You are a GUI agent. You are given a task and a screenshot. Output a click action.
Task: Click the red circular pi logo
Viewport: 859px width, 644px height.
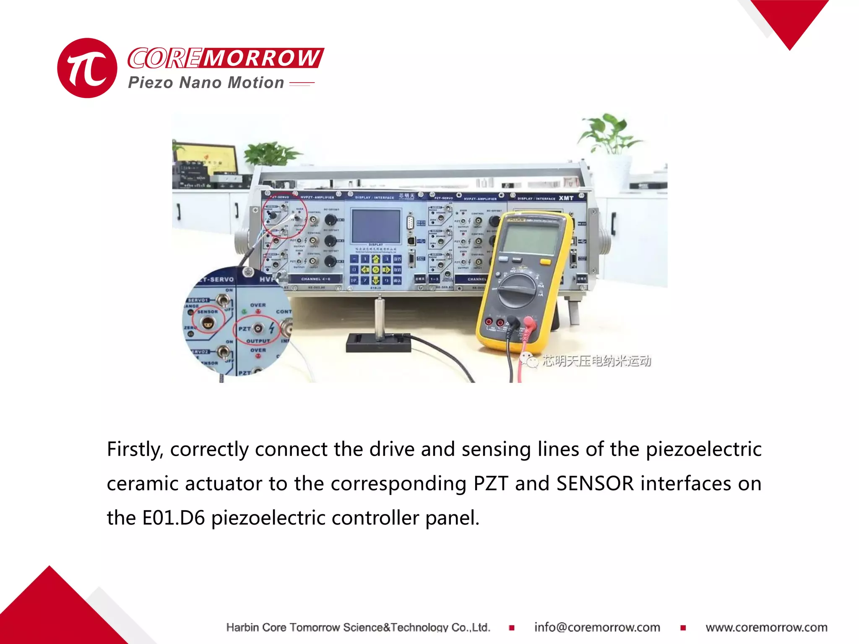[x=87, y=68]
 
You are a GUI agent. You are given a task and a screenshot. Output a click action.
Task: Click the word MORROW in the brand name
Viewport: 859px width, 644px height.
[x=262, y=58]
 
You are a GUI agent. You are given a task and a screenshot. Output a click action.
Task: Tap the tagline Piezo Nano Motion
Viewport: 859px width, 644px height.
[x=206, y=83]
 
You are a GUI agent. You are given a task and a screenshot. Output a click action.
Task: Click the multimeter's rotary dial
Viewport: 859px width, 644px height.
[x=517, y=290]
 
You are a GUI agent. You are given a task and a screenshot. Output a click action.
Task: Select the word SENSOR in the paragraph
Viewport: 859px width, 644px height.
[x=595, y=483]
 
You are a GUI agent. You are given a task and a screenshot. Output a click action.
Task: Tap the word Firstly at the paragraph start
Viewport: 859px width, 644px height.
[x=135, y=449]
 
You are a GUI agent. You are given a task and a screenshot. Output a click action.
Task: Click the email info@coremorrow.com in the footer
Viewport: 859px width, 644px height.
[x=597, y=627]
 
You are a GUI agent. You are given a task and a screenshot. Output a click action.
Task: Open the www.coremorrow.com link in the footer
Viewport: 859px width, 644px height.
[x=766, y=627]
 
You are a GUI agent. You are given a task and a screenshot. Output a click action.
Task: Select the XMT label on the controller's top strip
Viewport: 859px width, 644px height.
[x=566, y=198]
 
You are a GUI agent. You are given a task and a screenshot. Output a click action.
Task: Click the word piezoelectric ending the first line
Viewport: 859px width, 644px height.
[x=703, y=449]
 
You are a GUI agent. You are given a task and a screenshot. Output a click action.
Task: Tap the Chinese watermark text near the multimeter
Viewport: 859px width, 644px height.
[x=596, y=361]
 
